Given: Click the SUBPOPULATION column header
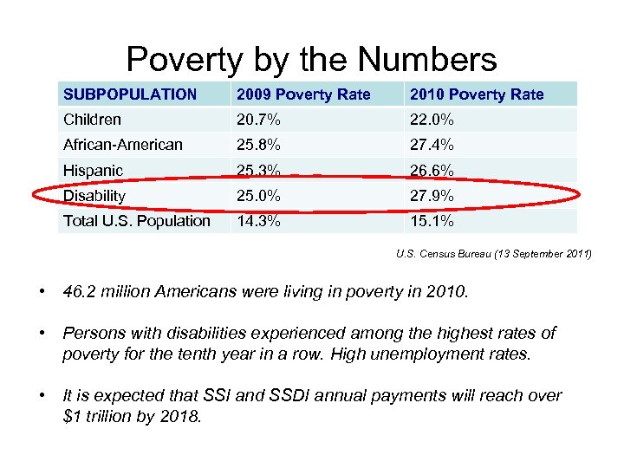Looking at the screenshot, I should pyautogui.click(x=130, y=94).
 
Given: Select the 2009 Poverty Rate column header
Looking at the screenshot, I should pyautogui.click(x=303, y=94).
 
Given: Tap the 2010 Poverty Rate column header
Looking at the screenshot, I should pyautogui.click(x=477, y=94).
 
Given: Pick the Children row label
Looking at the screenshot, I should pyautogui.click(x=92, y=120).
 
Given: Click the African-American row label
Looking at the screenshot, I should pyautogui.click(x=123, y=145).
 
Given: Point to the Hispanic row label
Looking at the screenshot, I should pyautogui.click(x=93, y=171).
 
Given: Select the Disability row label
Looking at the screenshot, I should pyautogui.click(x=94, y=196).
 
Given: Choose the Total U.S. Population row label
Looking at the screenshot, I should pyautogui.click(x=137, y=221).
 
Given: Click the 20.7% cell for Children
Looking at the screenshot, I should pyautogui.click(x=259, y=120).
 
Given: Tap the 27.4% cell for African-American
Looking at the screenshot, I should pyautogui.click(x=432, y=145).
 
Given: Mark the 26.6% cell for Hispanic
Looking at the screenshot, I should pyautogui.click(x=432, y=171).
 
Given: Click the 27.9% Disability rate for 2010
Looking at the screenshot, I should pyautogui.click(x=432, y=196).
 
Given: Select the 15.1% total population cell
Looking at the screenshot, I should pyautogui.click(x=432, y=221).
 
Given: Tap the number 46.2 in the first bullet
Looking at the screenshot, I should pyautogui.click(x=81, y=292).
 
